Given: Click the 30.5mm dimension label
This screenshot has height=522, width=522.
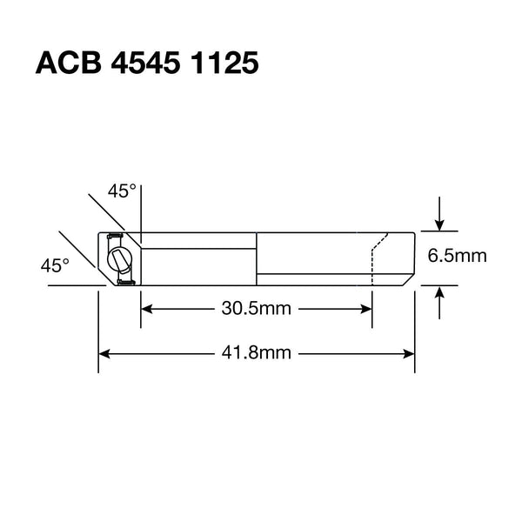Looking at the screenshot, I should [256, 309].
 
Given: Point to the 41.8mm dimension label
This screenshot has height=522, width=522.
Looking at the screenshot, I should [256, 353].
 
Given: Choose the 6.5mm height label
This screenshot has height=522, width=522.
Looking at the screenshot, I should [456, 257].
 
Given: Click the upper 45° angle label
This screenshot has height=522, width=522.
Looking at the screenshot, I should [122, 191].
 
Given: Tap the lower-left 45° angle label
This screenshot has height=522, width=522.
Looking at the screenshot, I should [54, 264].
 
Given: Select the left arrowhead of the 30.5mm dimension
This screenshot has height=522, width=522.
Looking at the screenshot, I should [147, 309].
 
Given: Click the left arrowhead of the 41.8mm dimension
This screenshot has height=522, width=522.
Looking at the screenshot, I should [104, 353].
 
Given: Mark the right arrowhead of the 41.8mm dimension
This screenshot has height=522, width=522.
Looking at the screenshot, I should [409, 353].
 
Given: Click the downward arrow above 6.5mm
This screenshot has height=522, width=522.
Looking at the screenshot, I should [441, 224].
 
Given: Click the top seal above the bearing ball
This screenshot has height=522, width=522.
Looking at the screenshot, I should [112, 236].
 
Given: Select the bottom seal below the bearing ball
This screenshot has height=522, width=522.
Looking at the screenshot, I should [124, 280].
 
